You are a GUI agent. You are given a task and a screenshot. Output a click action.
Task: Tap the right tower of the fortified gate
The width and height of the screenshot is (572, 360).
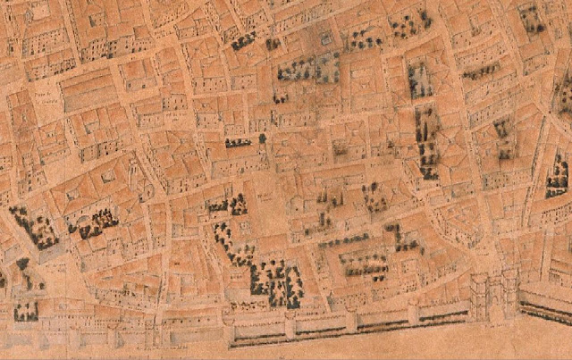509,289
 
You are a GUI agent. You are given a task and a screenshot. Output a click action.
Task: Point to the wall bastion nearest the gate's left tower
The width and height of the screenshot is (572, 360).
414,313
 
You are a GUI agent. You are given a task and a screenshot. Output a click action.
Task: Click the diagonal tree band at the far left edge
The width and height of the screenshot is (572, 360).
33,227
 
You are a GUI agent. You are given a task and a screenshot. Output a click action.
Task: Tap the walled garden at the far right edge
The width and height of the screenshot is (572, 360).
557,176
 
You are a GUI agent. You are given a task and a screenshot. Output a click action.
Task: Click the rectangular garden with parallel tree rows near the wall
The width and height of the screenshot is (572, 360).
365,262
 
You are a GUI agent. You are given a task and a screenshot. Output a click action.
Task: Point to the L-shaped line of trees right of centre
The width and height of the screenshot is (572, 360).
402,237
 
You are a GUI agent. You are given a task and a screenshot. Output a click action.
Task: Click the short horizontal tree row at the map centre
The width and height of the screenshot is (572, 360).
238,142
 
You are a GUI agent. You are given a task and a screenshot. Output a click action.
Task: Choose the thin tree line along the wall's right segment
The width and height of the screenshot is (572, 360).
546,308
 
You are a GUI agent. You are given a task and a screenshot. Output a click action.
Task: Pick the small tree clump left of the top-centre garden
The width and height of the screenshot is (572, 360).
243,41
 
